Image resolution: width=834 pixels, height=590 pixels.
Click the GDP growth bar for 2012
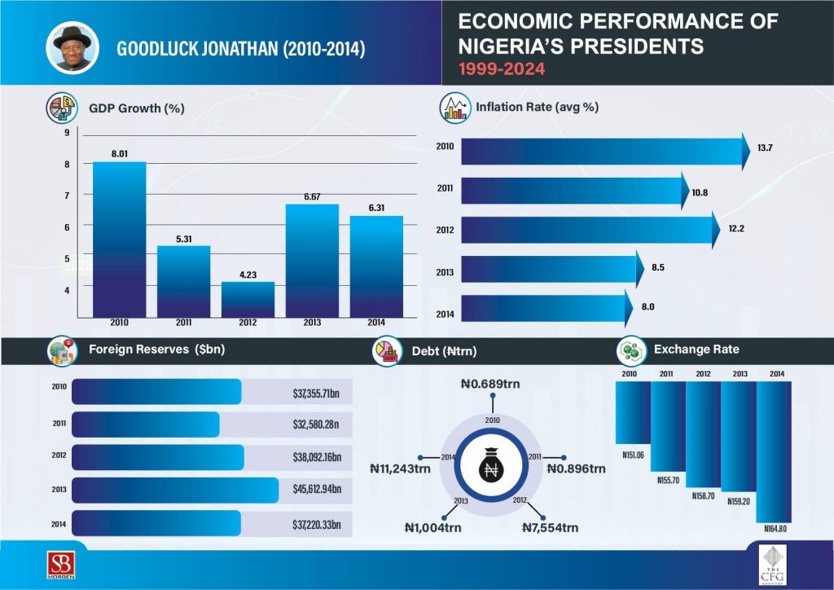pyautogui.click(x=248, y=299)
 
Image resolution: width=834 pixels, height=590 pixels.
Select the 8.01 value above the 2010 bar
pyautogui.click(x=119, y=152)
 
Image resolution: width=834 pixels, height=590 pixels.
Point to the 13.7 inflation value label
pyautogui.click(x=765, y=147)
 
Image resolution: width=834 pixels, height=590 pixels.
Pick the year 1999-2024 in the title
pyautogui.click(x=502, y=70)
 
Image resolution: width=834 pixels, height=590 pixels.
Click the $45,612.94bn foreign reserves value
pyautogui.click(x=317, y=490)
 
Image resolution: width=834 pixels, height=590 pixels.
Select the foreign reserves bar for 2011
pyautogui.click(x=146, y=424)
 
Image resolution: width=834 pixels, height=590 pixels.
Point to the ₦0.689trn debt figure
pyautogui.click(x=490, y=383)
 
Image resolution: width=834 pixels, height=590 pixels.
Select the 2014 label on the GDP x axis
pyautogui.click(x=375, y=322)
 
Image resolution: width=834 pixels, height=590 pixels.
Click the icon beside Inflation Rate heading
pyautogui.click(x=454, y=107)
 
